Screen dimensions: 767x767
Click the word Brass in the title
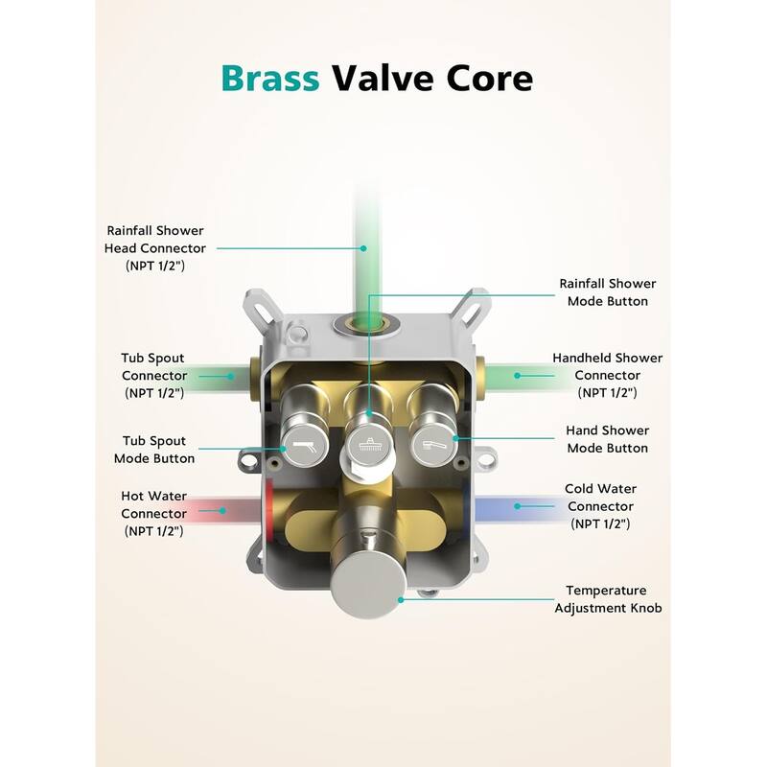pos(272,78)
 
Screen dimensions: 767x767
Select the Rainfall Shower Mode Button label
pos(607,292)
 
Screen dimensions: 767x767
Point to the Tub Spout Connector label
pos(153,375)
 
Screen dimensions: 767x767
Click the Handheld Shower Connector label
pos(607,375)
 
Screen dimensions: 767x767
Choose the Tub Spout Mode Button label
pos(154,450)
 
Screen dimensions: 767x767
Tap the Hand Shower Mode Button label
pos(607,439)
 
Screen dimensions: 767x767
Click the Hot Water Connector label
pos(153,513)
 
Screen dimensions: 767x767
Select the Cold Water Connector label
pos(600,505)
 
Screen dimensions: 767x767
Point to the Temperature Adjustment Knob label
pos(606,599)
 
